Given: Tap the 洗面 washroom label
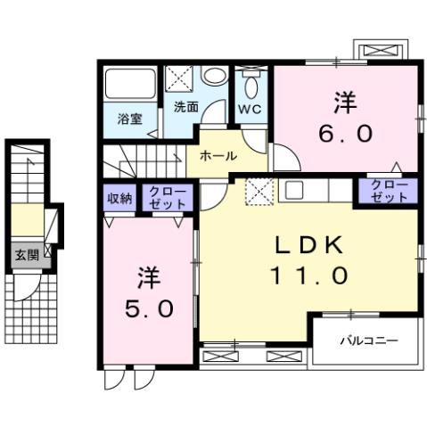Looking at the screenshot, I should point(186,107).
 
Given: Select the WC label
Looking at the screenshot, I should point(249,110).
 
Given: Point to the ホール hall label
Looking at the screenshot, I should point(218,155).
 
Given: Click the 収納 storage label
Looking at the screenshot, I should point(120,198).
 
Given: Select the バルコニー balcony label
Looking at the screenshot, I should point(366,341).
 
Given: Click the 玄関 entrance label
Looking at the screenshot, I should point(23,255).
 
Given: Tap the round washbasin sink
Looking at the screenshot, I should point(213,77).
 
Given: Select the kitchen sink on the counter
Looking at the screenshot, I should point(293,189).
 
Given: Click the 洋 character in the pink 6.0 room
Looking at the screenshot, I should point(346,103).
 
